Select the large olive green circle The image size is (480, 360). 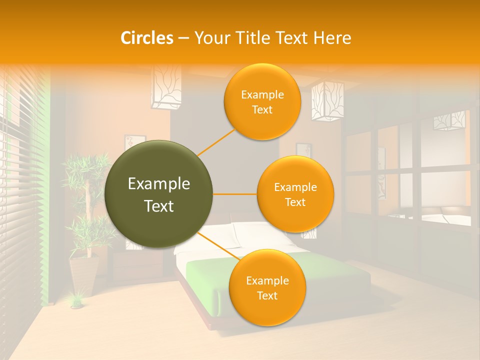point(158,194)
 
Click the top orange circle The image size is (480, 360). point(262,101)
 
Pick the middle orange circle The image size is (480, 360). point(295,194)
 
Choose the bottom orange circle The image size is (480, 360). point(267,287)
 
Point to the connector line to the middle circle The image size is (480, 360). point(235,193)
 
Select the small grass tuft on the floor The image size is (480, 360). point(76,301)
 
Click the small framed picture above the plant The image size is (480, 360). point(134,145)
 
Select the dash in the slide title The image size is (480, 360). point(183,38)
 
